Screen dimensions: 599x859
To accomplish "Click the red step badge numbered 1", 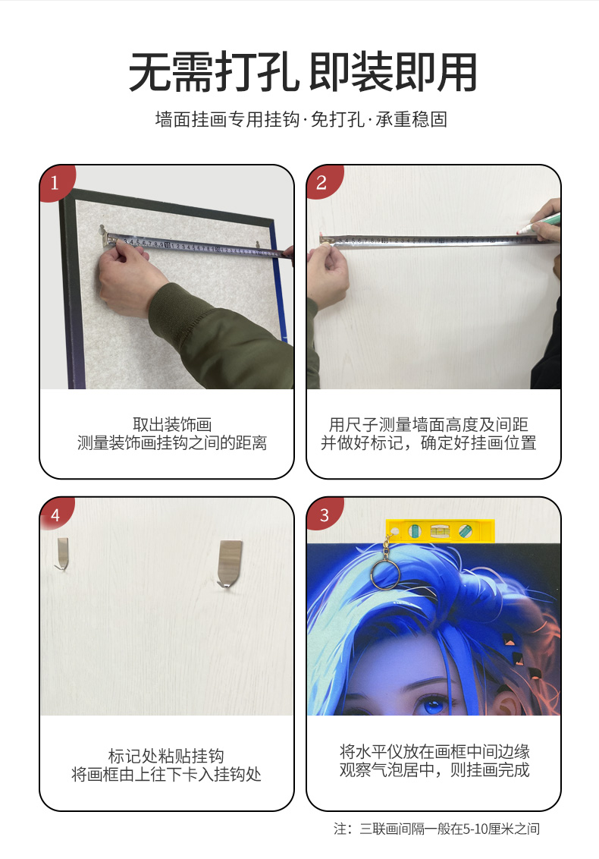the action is (x=55, y=182).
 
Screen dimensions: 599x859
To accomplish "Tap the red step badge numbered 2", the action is (x=322, y=182).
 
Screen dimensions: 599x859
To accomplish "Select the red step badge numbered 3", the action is (x=324, y=514).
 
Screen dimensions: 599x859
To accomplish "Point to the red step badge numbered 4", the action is (x=55, y=514).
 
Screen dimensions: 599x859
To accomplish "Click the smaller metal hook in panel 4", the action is (x=62, y=553).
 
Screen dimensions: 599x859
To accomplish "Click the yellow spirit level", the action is (x=441, y=531).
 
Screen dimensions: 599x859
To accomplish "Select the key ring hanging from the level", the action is (x=385, y=572).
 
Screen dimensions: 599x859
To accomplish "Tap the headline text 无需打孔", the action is (x=214, y=72).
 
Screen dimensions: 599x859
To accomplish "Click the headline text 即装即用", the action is (x=393, y=72).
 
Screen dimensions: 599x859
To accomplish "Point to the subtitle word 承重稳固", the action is (x=411, y=119).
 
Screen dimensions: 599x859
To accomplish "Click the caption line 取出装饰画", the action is (x=172, y=424).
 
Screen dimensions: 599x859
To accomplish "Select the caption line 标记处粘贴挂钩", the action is (x=166, y=756).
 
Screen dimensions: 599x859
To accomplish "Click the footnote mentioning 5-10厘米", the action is (x=437, y=829).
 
